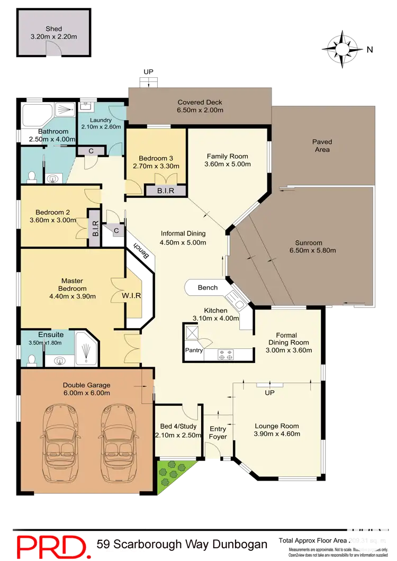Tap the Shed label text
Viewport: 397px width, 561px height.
tap(53, 29)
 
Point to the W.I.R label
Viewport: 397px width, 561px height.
tap(131, 296)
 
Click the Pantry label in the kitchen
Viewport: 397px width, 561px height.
tap(194, 350)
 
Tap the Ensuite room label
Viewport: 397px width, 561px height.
tap(51, 335)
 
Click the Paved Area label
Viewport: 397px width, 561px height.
tap(322, 146)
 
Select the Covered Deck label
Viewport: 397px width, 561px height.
tap(200, 102)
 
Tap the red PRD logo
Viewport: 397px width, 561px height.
tap(50, 545)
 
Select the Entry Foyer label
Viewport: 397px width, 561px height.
tap(218, 432)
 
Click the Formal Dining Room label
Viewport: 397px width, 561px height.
tap(288, 339)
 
